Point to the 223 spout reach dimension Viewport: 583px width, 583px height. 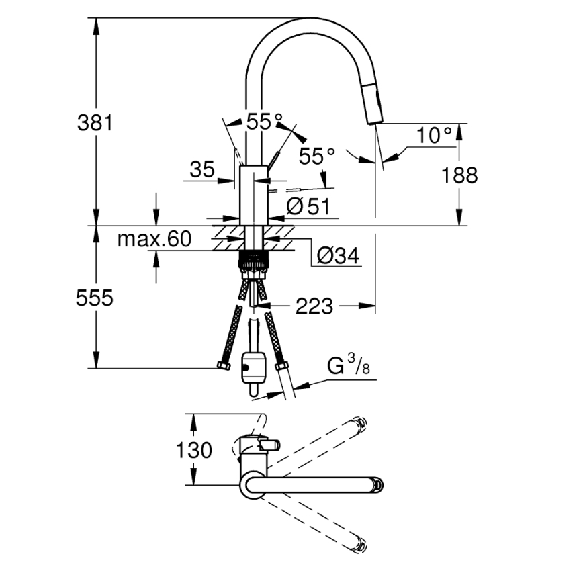click(x=314, y=307)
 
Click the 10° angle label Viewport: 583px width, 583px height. click(x=433, y=135)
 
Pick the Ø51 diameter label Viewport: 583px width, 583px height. click(x=308, y=207)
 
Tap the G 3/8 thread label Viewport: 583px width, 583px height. click(x=348, y=367)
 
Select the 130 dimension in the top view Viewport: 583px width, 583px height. click(x=193, y=449)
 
